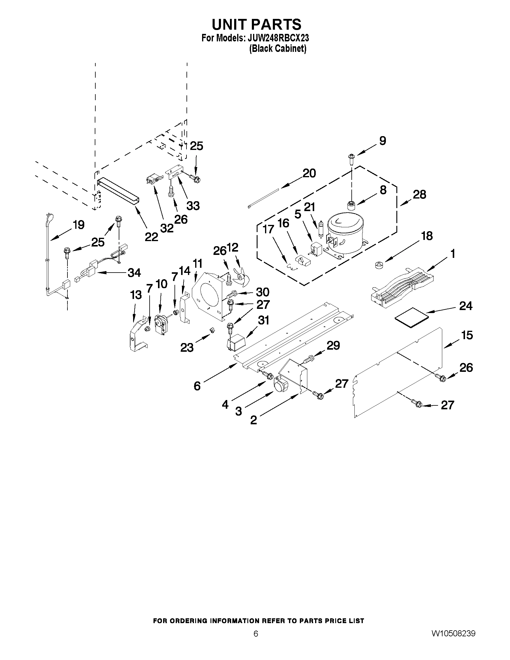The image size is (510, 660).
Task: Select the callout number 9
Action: coord(383,141)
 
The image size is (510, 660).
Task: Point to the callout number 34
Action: coord(134,273)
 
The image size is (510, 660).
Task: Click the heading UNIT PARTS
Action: coord(257,24)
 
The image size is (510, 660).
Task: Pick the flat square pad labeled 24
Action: coord(412,316)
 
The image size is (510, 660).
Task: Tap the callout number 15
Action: coord(467,335)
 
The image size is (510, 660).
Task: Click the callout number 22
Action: coord(151,237)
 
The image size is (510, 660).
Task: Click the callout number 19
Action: coord(78,225)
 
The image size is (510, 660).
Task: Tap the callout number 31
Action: coord(264,320)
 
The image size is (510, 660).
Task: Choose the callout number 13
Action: coord(136,295)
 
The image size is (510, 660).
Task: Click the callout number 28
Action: coord(419,194)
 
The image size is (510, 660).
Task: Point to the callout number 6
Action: coord(197,386)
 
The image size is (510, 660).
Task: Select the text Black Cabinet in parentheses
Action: coord(278,49)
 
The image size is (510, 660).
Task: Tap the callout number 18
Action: coord(427,236)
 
